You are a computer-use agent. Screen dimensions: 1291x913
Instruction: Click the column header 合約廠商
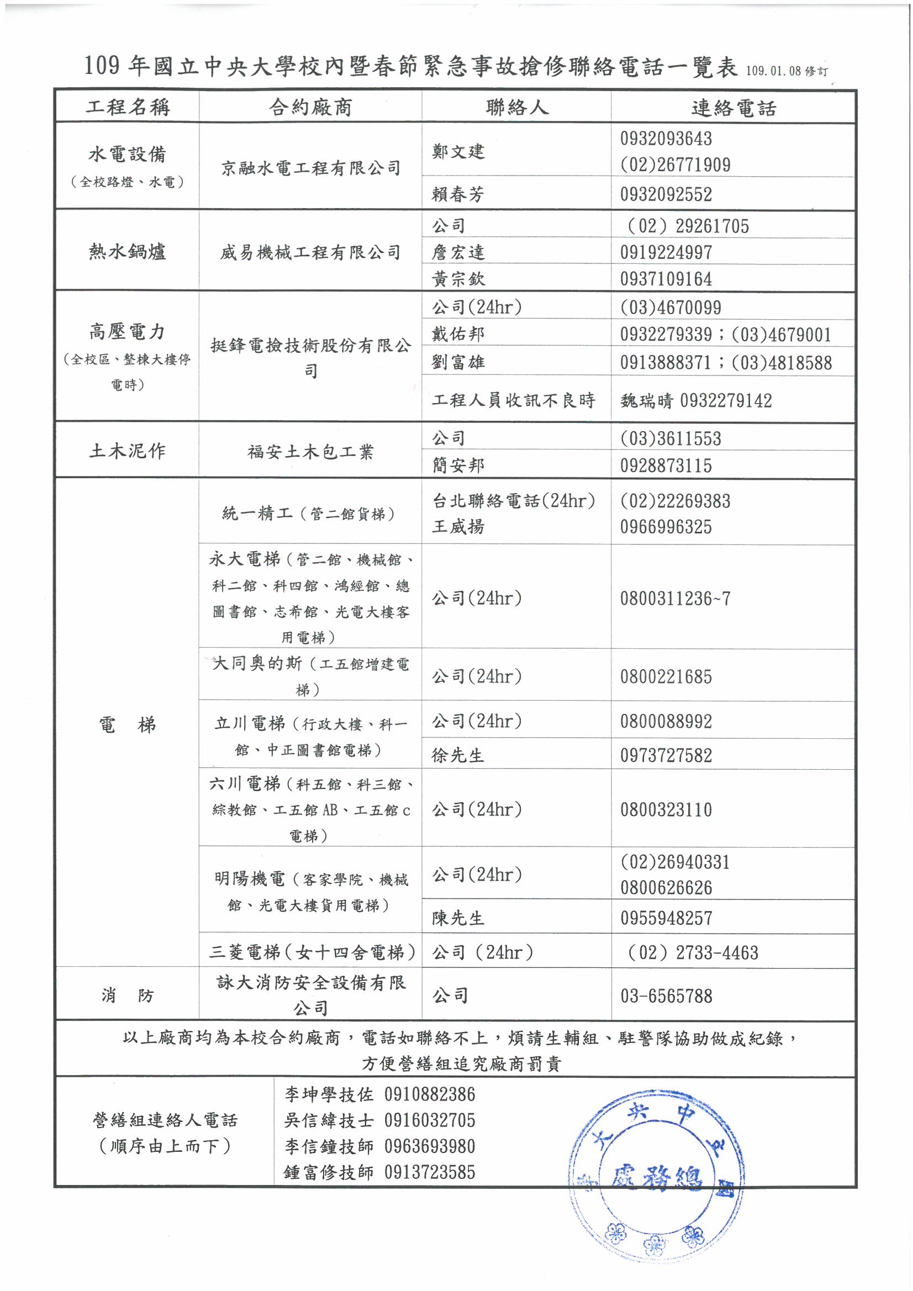tap(310, 107)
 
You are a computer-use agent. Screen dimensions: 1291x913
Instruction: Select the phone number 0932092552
tap(666, 194)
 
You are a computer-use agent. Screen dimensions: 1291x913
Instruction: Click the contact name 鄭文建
tap(458, 151)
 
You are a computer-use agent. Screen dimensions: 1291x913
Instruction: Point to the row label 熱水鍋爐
tap(127, 251)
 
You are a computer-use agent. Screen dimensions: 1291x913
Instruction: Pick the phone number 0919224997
tap(666, 252)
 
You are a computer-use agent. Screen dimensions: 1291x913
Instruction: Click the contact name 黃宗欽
tap(458, 279)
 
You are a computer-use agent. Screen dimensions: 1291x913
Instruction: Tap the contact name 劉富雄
tap(458, 362)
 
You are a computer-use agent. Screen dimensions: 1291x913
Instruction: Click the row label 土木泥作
tap(127, 451)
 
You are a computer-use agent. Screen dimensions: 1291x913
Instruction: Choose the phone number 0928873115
tap(666, 465)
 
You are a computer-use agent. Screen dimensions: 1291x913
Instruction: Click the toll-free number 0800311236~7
tap(675, 598)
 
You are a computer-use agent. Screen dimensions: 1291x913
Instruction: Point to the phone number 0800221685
tap(666, 676)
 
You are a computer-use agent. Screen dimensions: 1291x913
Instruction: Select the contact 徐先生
tap(458, 755)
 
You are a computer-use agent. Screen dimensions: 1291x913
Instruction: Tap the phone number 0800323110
tap(666, 809)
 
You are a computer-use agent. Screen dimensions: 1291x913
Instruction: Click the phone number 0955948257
tap(666, 918)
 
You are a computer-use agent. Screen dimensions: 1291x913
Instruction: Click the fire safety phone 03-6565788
tap(666, 996)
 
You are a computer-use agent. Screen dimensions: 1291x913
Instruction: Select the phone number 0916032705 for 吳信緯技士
tap(430, 1120)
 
